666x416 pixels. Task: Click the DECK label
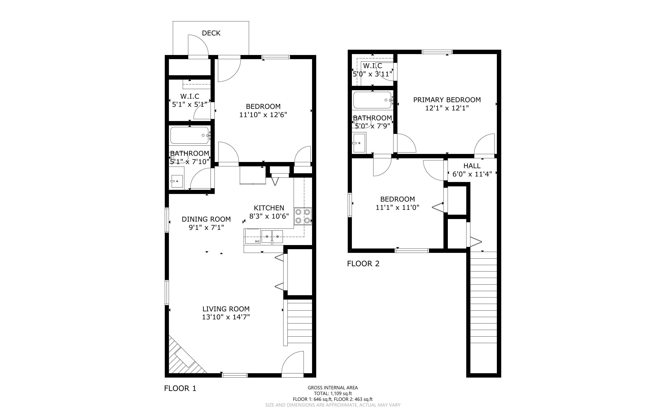[x=211, y=33]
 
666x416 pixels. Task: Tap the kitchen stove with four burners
[x=303, y=216]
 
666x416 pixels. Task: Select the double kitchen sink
[x=272, y=236]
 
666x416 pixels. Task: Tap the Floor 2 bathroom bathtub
[x=372, y=100]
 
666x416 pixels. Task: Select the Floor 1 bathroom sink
[x=176, y=181]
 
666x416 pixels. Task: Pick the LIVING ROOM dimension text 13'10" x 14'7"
[x=226, y=317]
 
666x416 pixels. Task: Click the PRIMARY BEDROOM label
[x=447, y=100]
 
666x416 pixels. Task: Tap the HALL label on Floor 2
[x=472, y=166]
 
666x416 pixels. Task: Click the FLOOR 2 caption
[x=363, y=264]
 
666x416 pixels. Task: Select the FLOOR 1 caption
[x=180, y=388]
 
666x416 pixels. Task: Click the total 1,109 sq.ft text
[x=333, y=393]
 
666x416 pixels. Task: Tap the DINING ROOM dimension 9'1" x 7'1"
[x=206, y=228]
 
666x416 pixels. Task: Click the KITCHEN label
[x=269, y=208]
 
